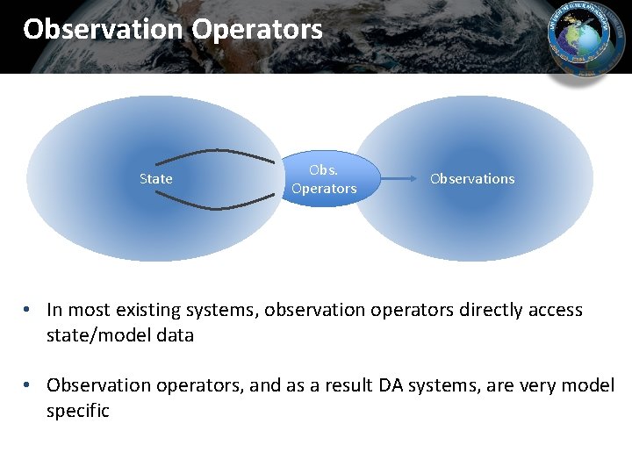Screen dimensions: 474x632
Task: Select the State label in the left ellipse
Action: click(x=156, y=179)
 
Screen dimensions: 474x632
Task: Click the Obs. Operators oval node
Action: click(x=324, y=180)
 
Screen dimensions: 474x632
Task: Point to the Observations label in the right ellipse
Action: click(x=472, y=179)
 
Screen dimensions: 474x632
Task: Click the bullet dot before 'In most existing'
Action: click(x=29, y=310)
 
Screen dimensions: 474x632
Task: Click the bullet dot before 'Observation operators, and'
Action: click(x=29, y=385)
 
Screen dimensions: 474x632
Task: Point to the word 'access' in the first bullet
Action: click(x=553, y=310)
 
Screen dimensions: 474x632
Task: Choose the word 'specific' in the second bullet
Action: click(x=78, y=411)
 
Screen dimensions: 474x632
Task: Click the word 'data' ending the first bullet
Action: click(x=176, y=335)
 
